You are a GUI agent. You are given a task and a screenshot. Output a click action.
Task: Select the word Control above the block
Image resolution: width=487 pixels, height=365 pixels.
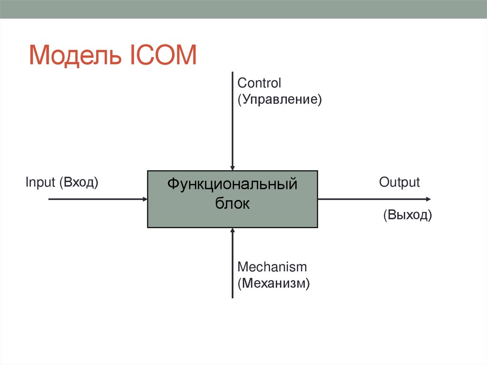259,83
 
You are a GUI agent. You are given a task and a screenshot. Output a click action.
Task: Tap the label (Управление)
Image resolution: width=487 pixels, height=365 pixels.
280,100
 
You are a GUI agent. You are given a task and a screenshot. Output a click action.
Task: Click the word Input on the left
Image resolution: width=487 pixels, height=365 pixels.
40,182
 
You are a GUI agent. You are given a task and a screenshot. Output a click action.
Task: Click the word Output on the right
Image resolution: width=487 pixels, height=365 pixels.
399,182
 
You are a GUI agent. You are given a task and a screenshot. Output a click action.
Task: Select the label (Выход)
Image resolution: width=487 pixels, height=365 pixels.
408,215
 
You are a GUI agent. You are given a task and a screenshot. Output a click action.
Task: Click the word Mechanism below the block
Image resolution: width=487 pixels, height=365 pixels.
272,267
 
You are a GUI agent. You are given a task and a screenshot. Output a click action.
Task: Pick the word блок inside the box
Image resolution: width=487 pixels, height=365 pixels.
232,203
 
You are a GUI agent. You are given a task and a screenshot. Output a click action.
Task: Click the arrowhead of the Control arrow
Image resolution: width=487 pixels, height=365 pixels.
232,168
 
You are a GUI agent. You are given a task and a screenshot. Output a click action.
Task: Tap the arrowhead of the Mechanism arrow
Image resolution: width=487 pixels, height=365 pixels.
232,231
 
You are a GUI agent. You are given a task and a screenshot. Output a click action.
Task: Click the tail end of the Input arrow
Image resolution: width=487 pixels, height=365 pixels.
49,199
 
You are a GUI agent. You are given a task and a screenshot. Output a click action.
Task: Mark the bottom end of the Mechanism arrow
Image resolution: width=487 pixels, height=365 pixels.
232,297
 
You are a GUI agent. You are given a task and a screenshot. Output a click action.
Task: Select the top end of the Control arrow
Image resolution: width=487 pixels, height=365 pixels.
232,72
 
